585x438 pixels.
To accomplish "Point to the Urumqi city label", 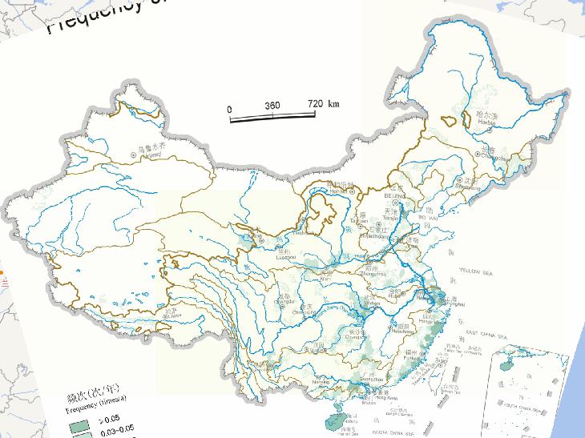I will click(x=150, y=156).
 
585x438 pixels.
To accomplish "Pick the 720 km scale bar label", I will click(x=323, y=104).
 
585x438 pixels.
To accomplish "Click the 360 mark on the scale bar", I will click(x=272, y=106).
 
